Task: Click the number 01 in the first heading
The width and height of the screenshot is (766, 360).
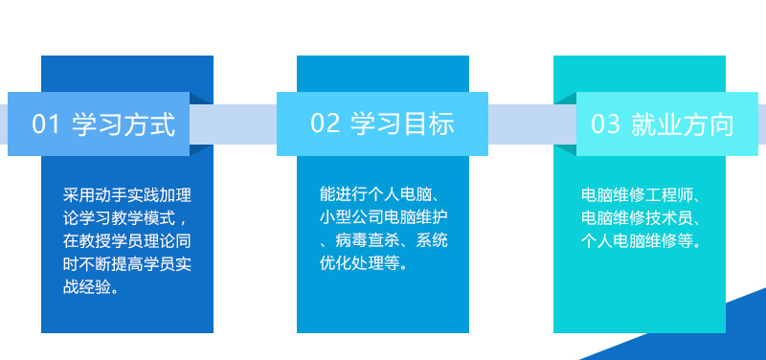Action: click(x=47, y=124)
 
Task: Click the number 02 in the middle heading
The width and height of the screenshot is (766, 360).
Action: click(x=326, y=124)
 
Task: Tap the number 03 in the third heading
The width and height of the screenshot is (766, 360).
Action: click(x=605, y=124)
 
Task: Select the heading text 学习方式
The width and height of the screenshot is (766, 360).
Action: click(x=124, y=124)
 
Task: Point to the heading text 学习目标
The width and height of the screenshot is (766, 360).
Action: click(x=402, y=124)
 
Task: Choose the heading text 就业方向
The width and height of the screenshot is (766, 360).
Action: click(x=682, y=124)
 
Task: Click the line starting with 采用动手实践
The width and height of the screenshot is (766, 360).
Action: click(x=127, y=194)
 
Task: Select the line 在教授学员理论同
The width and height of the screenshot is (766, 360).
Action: click(x=127, y=240)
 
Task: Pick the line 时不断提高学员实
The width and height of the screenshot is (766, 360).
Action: click(x=127, y=263)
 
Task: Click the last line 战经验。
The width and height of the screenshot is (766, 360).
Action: click(x=92, y=286)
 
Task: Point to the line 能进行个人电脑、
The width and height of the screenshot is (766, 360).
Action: click(x=383, y=194)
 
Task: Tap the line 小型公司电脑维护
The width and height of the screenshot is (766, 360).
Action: click(x=383, y=217)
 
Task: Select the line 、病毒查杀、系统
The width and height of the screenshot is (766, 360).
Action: click(x=383, y=240)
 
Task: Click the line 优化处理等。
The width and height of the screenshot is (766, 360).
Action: click(x=364, y=263)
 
